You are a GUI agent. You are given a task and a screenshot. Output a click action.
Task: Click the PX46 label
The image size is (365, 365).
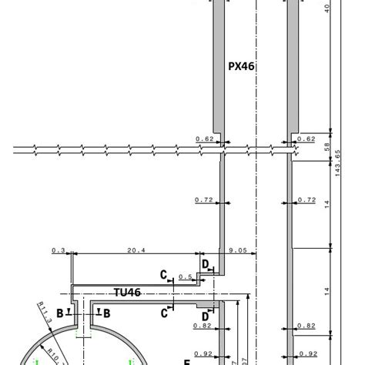click(x=241, y=67)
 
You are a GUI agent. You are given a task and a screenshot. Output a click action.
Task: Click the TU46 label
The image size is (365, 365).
click(x=126, y=293)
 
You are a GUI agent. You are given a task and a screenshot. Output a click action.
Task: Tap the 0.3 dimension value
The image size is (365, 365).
click(x=59, y=250)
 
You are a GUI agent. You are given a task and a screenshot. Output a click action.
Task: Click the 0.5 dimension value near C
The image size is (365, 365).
click(x=185, y=276)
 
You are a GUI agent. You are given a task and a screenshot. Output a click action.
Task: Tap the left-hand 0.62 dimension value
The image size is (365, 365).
click(x=204, y=139)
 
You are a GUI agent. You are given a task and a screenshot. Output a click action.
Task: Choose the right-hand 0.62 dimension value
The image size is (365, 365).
click(x=306, y=139)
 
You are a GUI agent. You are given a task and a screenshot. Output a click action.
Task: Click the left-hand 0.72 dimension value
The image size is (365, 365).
click(x=204, y=200)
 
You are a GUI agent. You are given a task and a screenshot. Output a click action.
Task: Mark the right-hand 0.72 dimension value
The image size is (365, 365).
click(x=306, y=200)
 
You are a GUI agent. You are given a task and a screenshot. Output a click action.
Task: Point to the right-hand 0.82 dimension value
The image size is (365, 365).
click(x=306, y=326)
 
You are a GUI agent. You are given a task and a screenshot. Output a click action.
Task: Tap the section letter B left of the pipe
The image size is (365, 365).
click(x=60, y=313)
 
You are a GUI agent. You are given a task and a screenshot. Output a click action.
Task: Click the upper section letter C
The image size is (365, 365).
click(x=163, y=274)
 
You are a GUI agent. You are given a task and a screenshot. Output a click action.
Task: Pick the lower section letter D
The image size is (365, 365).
click(x=206, y=316)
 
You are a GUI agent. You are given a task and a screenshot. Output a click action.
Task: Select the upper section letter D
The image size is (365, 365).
click(x=206, y=264)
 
